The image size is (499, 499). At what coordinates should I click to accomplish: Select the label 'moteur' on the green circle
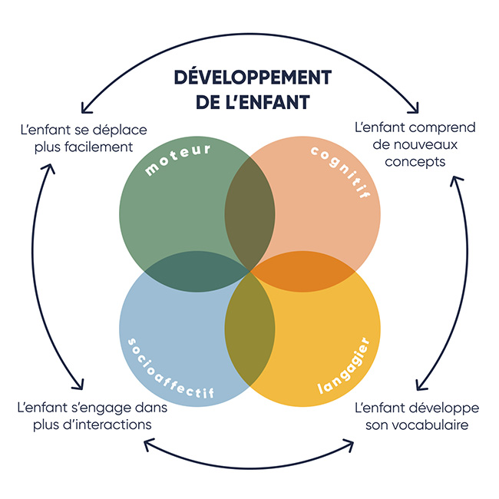[x=179, y=158]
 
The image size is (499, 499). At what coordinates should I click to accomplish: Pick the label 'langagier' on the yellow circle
[x=349, y=368]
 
